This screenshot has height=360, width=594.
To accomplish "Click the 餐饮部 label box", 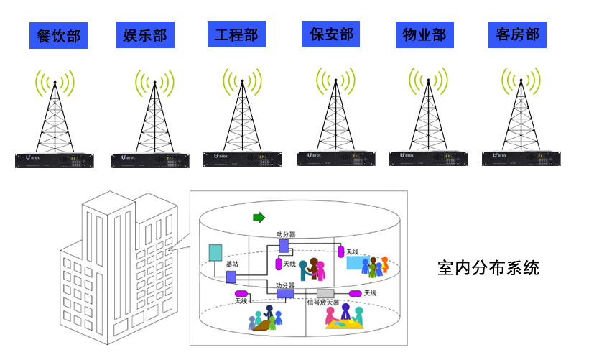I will [58, 36].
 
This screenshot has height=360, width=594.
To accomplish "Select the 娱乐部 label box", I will [146, 35].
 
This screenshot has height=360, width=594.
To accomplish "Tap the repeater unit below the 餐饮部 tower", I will [55, 161].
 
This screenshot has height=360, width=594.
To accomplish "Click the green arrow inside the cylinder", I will [258, 216].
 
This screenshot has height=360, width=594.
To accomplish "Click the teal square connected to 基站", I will [215, 253].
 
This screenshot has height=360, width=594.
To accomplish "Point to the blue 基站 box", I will [231, 277].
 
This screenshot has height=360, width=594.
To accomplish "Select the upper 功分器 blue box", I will [284, 246].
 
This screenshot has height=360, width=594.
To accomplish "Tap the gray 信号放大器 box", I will [325, 293].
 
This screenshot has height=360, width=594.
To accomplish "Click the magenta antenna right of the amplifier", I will [355, 293].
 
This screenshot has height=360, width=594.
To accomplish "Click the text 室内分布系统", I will [488, 268].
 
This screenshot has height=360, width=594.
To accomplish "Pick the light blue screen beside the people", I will [357, 262].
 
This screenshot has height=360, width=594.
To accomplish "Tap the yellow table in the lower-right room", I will [345, 323].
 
